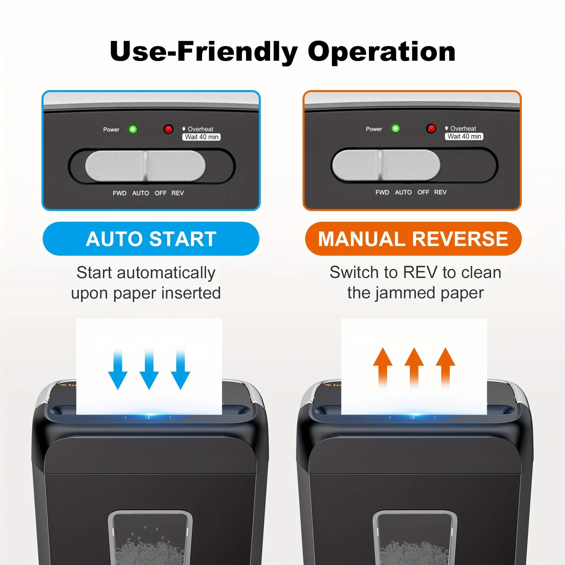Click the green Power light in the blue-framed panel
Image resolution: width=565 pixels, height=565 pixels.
click(133, 129)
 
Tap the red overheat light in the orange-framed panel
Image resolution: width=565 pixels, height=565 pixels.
click(431, 128)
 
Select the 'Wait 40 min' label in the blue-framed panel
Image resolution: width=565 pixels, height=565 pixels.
click(201, 137)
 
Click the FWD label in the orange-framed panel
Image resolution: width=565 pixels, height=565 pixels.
click(382, 192)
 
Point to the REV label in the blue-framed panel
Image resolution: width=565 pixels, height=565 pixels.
click(177, 193)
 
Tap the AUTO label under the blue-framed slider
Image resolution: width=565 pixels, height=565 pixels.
click(141, 193)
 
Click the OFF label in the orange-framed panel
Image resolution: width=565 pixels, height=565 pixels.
click(423, 192)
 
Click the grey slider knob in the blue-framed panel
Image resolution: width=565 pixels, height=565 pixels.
click(145, 166)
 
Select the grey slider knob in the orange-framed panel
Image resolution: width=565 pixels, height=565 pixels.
click(386, 165)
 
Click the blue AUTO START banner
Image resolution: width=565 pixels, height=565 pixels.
click(151, 239)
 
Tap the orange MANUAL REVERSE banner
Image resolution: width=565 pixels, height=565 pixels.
click(413, 239)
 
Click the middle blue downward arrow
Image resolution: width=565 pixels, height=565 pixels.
click(149, 369)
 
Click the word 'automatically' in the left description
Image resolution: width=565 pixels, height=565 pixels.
click(166, 273)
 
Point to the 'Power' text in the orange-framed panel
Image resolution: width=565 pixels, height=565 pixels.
click(374, 129)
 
